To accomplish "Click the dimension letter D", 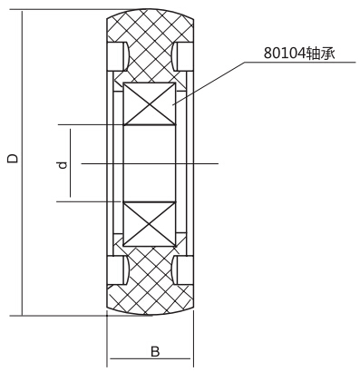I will pyautogui.click(x=12, y=158).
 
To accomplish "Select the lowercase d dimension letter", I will pyautogui.click(x=62, y=165).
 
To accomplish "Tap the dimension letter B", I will pyautogui.click(x=155, y=349).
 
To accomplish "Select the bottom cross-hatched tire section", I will pyautogui.click(x=149, y=286).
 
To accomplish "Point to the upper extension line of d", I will pyautogui.click(x=86, y=123).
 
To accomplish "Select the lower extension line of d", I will pyautogui.click(x=86, y=201).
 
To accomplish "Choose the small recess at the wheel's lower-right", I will pyautogui.click(x=183, y=270).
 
